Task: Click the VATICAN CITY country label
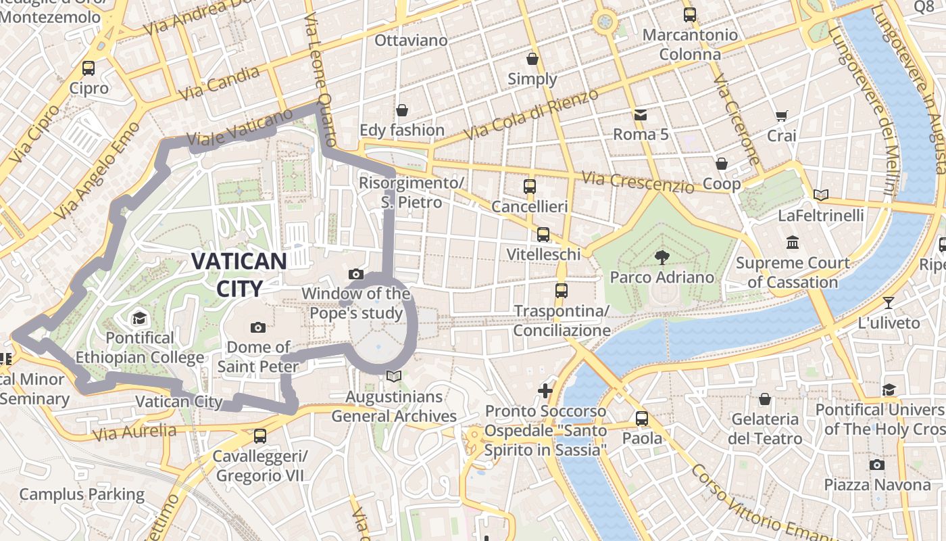239,274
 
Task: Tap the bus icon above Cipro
89,68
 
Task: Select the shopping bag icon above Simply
532,59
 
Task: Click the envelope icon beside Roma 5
640,114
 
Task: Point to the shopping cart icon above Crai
782,116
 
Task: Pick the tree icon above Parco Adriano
662,256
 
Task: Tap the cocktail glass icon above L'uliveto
888,302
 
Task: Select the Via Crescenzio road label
637,181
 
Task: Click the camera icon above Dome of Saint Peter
258,327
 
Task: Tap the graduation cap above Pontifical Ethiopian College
139,318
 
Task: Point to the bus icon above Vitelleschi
543,234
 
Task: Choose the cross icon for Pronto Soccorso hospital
545,390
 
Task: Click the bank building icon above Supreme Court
793,242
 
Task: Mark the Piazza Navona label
876,484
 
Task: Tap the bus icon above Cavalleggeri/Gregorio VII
260,436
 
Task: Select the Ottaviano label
411,41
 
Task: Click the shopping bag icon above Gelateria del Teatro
765,399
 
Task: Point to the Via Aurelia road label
135,432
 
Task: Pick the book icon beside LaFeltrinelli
821,195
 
